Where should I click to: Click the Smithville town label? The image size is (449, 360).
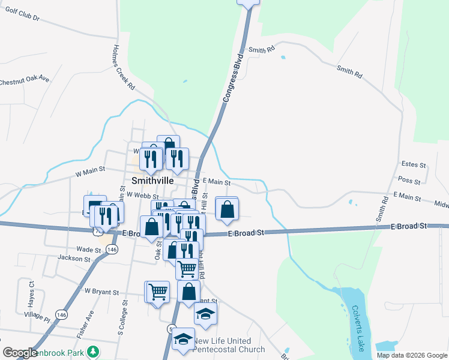pyautogui.click(x=152, y=180)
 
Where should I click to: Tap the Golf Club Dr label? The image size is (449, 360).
pyautogui.click(x=19, y=19)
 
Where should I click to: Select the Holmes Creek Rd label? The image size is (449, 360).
pyautogui.click(x=124, y=67)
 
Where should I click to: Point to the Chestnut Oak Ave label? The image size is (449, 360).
pyautogui.click(x=24, y=81)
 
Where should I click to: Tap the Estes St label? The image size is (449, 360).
pyautogui.click(x=413, y=164)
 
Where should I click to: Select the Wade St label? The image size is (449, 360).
pyautogui.click(x=88, y=249)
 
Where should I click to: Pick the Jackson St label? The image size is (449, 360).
pyautogui.click(x=73, y=259)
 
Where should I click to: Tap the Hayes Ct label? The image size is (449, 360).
pyautogui.click(x=32, y=295)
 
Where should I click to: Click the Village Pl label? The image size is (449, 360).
pyautogui.click(x=37, y=314)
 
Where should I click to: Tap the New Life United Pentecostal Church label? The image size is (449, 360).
pyautogui.click(x=229, y=345)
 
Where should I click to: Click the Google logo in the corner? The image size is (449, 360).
pyautogui.click(x=20, y=353)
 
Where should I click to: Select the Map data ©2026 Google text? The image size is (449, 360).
pyautogui.click(x=412, y=355)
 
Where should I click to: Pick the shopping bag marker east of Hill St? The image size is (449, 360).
pyautogui.click(x=226, y=209)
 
